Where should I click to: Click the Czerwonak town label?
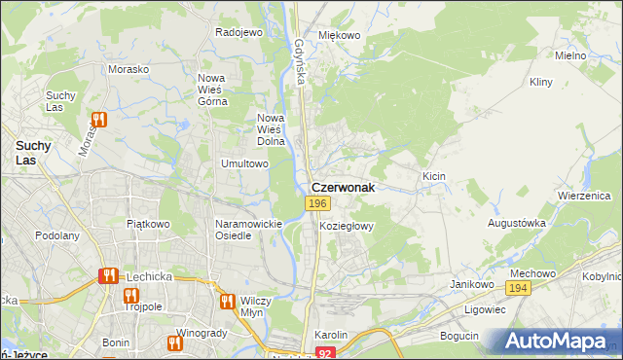tap(342, 188)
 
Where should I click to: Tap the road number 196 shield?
tap(316, 203)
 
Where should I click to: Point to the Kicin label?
tap(434, 175)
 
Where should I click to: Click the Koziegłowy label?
tap(347, 225)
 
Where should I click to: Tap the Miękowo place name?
tap(340, 35)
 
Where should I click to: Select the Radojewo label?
tap(239, 31)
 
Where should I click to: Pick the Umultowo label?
tap(244, 163)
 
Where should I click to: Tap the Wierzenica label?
tap(584, 195)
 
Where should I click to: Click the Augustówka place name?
tap(517, 223)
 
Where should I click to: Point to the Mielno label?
tap(569, 55)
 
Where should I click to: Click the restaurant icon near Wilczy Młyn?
tap(228, 302)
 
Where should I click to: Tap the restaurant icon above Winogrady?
tap(175, 342)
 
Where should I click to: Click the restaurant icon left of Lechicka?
tap(107, 276)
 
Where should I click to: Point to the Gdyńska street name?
tap(300, 60)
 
